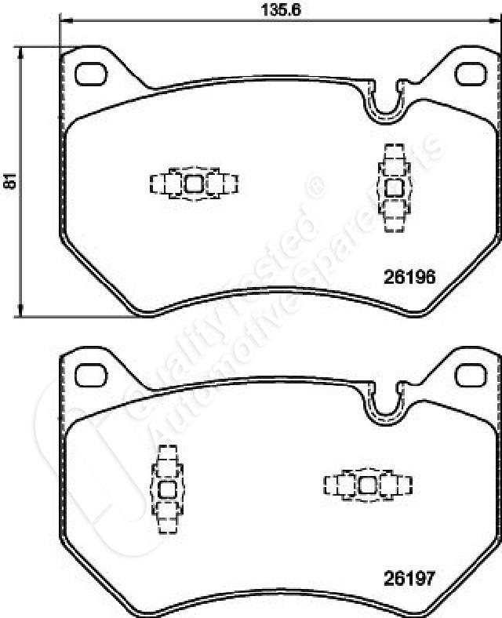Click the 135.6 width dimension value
point(281,9)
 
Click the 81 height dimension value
point(9,180)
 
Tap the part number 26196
point(409,277)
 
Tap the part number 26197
point(409,579)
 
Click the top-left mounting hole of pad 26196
point(91,74)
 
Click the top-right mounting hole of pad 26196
point(471,74)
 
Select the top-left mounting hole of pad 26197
point(91,375)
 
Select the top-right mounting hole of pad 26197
point(471,375)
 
